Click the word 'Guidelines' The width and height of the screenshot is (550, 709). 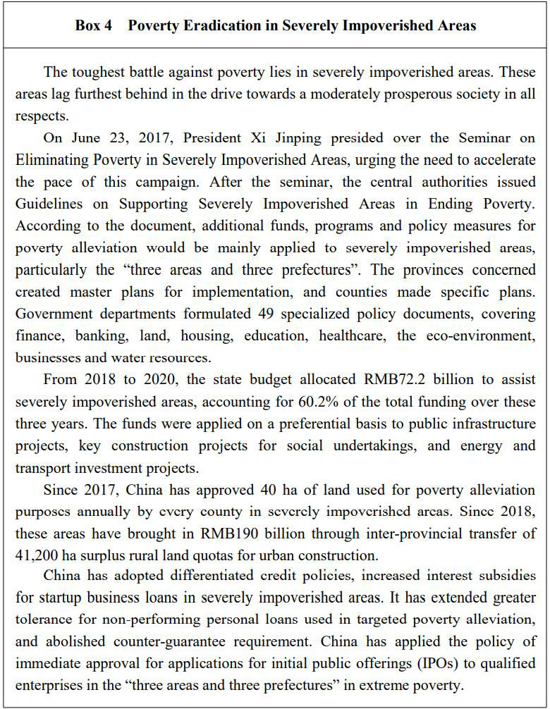coord(47,204)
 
